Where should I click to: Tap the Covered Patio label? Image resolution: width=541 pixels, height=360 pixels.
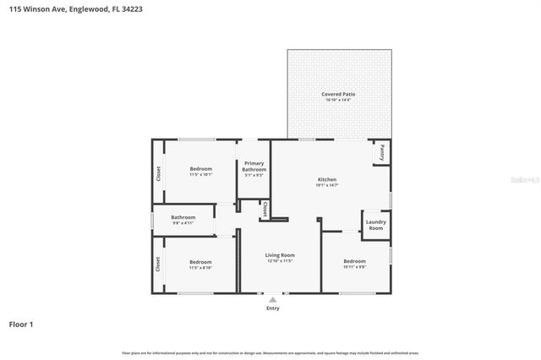click(x=337, y=94)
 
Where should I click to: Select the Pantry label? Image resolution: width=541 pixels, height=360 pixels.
click(x=382, y=152)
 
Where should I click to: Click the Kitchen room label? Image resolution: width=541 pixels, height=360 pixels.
click(x=327, y=179)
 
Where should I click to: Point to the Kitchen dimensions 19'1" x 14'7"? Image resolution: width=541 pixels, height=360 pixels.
click(x=327, y=185)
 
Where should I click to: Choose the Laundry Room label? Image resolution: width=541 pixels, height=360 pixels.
click(x=375, y=226)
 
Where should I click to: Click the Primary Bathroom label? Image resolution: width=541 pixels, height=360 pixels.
click(x=254, y=166)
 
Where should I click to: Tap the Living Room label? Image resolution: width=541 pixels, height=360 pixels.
click(x=280, y=255)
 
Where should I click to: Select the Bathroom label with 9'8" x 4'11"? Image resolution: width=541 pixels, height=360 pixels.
click(x=183, y=218)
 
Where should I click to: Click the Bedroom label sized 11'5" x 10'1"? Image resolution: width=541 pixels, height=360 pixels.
click(x=200, y=169)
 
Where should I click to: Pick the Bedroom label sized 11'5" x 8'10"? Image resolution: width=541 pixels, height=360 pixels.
click(x=200, y=261)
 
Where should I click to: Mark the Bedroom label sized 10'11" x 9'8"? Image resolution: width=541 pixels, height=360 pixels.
click(x=354, y=261)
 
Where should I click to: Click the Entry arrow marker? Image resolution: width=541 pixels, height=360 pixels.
click(x=272, y=298)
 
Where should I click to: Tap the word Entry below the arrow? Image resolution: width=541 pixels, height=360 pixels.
click(x=272, y=308)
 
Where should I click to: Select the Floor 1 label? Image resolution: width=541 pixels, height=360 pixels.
click(x=22, y=324)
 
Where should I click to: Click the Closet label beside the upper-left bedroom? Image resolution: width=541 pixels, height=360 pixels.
click(x=158, y=173)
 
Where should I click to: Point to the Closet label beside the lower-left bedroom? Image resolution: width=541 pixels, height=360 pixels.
click(x=158, y=265)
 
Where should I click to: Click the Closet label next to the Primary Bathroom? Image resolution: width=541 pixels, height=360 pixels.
click(x=265, y=209)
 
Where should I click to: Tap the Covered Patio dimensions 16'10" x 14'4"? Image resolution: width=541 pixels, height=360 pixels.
click(x=337, y=100)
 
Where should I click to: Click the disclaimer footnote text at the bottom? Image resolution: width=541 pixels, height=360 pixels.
click(x=270, y=352)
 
